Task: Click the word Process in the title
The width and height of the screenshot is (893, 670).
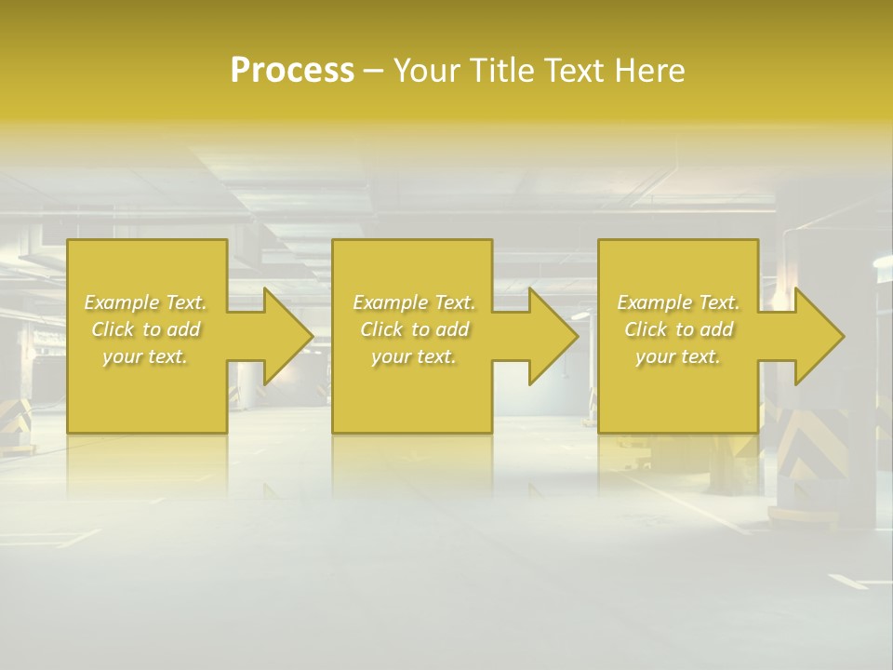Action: tap(292, 71)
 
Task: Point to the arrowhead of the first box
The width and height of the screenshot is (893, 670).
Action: tap(280, 336)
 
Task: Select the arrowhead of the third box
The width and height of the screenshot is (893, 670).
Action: tap(811, 336)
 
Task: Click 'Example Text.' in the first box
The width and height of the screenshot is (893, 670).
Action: tap(145, 302)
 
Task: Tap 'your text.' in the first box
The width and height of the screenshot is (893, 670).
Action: tap(145, 356)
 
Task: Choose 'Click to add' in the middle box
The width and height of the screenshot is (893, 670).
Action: tap(414, 329)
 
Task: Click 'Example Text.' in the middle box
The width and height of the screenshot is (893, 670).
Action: tap(414, 302)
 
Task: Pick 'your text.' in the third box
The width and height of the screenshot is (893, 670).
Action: tap(678, 356)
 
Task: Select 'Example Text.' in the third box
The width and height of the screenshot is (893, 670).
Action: tap(678, 302)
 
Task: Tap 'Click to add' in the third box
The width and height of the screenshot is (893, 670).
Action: tap(678, 329)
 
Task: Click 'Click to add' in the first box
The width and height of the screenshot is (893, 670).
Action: tap(145, 329)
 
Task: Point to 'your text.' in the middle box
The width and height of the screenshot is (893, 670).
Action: tap(414, 356)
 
